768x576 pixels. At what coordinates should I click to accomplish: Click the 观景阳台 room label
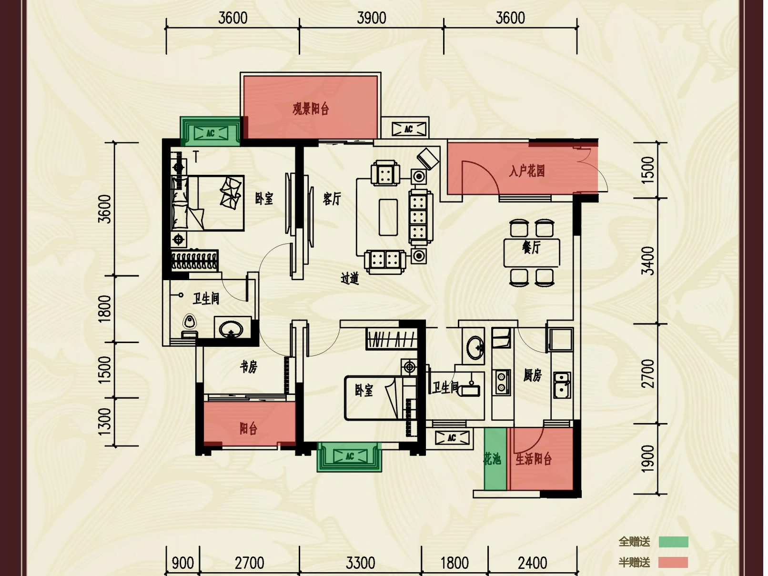(x=311, y=109)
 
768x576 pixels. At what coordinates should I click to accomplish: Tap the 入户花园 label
(x=526, y=172)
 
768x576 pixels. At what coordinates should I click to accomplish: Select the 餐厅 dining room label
(x=531, y=247)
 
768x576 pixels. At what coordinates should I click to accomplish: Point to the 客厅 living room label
(x=332, y=199)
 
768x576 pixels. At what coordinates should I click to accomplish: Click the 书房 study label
(x=248, y=367)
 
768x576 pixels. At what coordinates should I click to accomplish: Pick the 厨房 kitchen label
(x=532, y=375)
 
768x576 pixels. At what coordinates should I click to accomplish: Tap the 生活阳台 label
(x=533, y=459)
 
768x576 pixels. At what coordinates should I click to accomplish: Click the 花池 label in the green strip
(x=492, y=459)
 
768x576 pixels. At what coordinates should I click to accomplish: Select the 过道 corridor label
(x=350, y=278)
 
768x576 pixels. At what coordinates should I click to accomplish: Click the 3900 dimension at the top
(x=371, y=18)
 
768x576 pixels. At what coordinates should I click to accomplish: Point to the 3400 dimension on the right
(x=648, y=261)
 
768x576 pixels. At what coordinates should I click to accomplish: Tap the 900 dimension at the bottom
(x=182, y=563)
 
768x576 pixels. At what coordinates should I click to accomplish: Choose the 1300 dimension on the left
(x=105, y=422)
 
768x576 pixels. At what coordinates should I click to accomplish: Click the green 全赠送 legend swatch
(x=674, y=542)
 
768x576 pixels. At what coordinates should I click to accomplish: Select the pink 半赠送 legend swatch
(x=673, y=562)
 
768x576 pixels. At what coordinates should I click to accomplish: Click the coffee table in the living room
(x=388, y=217)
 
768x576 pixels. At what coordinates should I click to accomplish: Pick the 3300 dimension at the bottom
(x=360, y=563)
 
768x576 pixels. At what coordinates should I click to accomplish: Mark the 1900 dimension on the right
(x=648, y=458)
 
